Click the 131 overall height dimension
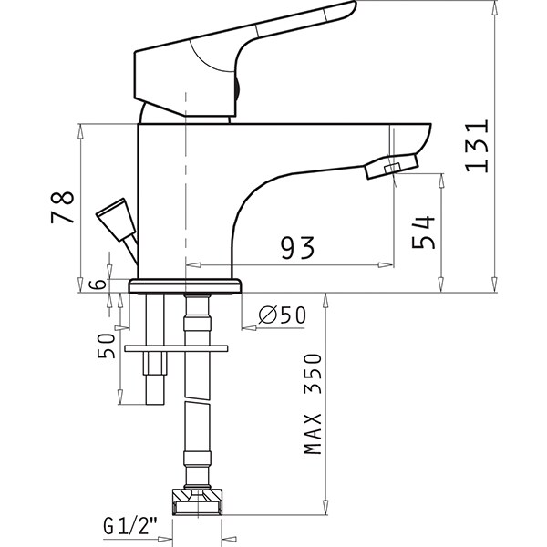(477, 146)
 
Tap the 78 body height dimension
(62, 207)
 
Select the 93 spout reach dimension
(297, 247)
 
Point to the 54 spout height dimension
(424, 232)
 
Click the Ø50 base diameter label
(283, 315)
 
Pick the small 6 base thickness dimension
(98, 284)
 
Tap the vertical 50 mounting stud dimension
(106, 346)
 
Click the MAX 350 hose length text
(313, 404)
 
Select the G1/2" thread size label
(130, 526)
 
